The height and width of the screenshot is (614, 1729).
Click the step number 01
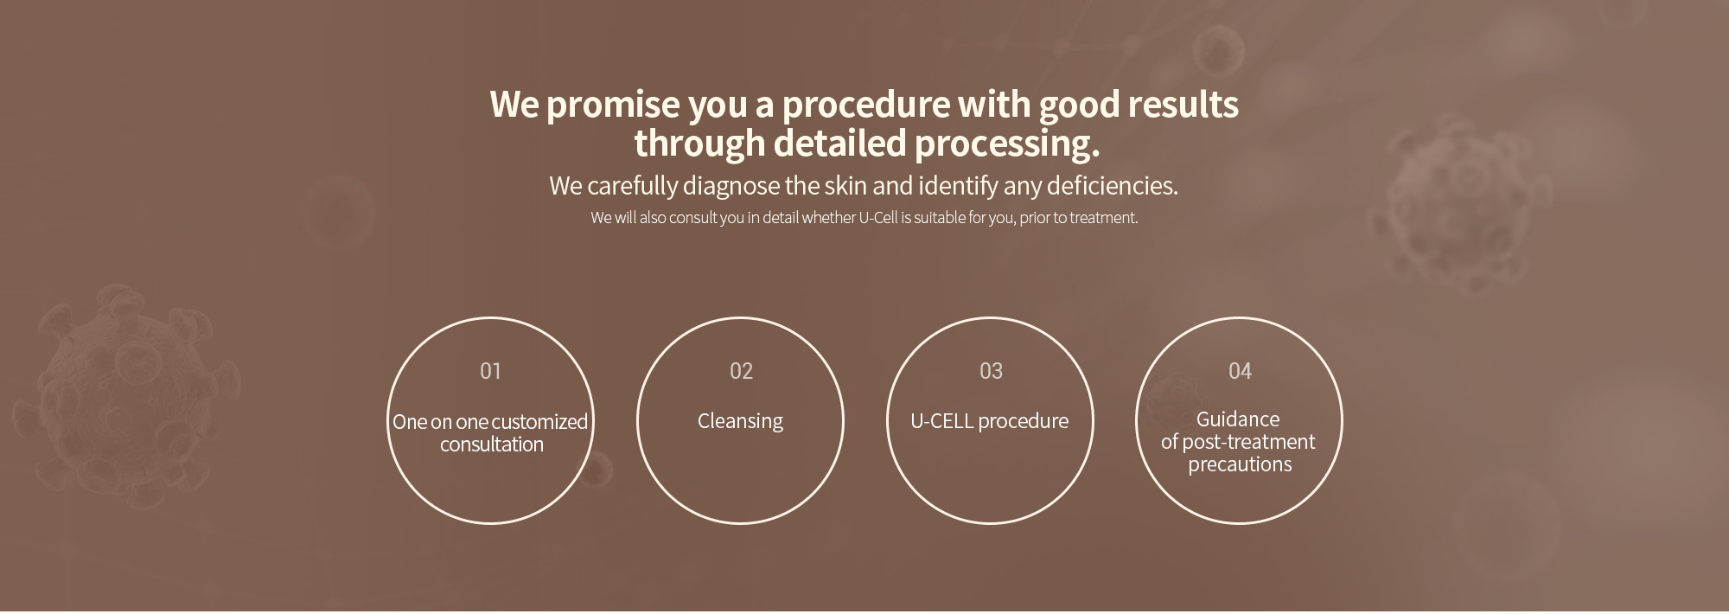[490, 371]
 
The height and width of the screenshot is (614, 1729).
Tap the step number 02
[741, 371]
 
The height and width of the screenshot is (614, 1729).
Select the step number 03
[991, 371]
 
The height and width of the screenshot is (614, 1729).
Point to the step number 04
[1240, 371]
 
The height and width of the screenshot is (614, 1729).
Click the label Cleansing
[740, 421]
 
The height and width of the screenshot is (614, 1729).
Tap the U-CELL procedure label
[989, 421]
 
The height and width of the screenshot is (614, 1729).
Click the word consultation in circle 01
[492, 445]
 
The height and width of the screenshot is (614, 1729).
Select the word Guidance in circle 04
[1238, 419]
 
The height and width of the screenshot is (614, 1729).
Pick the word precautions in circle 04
[1240, 464]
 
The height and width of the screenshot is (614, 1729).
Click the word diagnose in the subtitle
[731, 186]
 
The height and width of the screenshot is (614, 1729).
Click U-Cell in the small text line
[878, 218]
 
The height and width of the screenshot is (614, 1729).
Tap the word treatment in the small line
[1103, 218]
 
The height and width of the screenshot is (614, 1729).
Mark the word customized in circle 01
[539, 422]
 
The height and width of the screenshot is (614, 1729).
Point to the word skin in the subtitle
[845, 186]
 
